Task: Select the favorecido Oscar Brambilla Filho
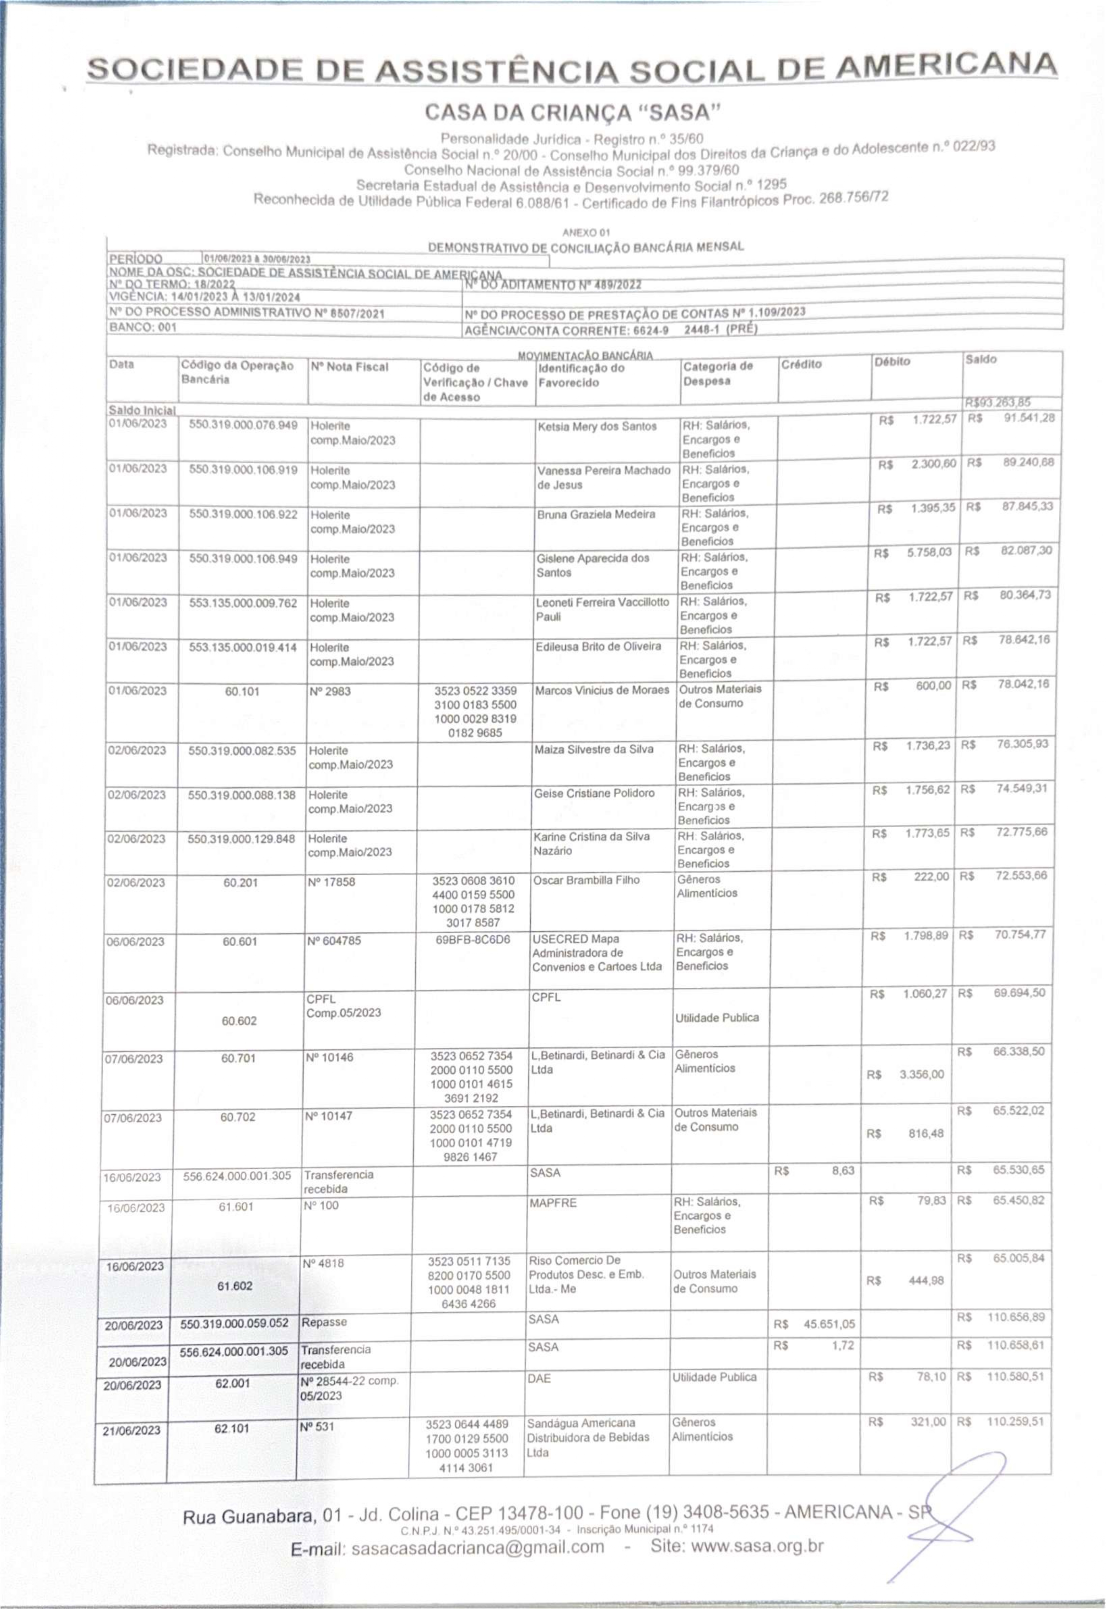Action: coord(586,880)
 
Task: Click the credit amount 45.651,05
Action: coord(829,1324)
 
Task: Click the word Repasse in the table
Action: coord(324,1321)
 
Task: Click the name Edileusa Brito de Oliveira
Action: coord(598,647)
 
